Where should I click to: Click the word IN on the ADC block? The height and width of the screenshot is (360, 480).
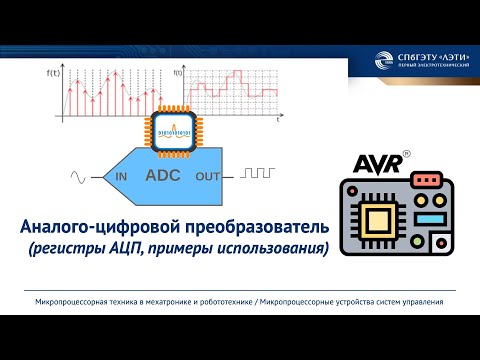point(121,177)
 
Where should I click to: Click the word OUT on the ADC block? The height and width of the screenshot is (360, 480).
point(208,177)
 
